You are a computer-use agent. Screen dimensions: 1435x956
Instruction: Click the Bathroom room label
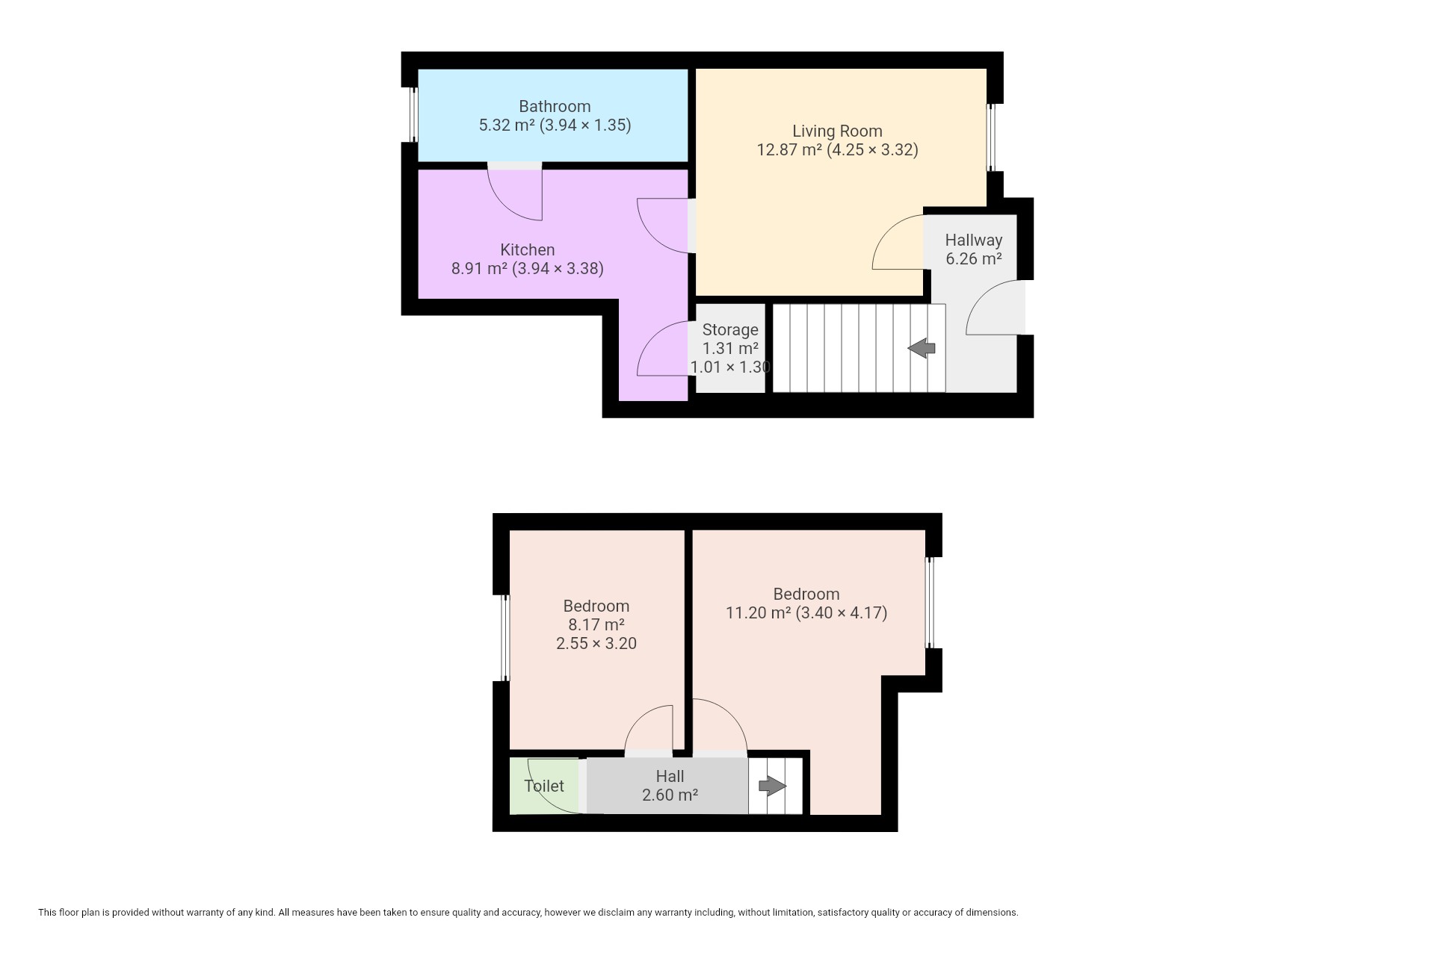click(x=555, y=106)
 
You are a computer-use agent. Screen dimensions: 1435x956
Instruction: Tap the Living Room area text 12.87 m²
click(x=789, y=149)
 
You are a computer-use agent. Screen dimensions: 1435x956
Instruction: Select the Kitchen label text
click(x=528, y=249)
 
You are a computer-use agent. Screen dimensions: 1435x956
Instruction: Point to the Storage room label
click(x=730, y=329)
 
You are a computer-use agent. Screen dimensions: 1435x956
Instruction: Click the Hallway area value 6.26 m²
click(x=974, y=259)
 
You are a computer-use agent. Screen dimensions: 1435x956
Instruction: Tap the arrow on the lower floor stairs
click(x=922, y=348)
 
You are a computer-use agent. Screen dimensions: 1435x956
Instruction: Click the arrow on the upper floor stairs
click(x=773, y=786)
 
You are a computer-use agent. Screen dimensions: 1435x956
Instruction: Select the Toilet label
click(x=544, y=786)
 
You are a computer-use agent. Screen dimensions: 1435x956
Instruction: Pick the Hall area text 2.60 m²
click(x=670, y=795)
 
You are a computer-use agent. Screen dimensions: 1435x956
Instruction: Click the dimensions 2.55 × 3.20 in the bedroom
click(x=596, y=643)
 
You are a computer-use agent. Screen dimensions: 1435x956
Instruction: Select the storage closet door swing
click(x=663, y=348)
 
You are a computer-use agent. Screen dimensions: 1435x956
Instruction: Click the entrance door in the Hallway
click(x=995, y=308)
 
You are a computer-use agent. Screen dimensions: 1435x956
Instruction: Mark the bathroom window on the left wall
click(x=413, y=114)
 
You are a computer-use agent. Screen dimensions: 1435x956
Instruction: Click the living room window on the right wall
click(x=992, y=137)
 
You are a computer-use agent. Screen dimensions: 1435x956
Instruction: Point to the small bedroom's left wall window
click(x=504, y=638)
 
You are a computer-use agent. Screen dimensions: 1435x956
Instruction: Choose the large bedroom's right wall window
click(x=930, y=603)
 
